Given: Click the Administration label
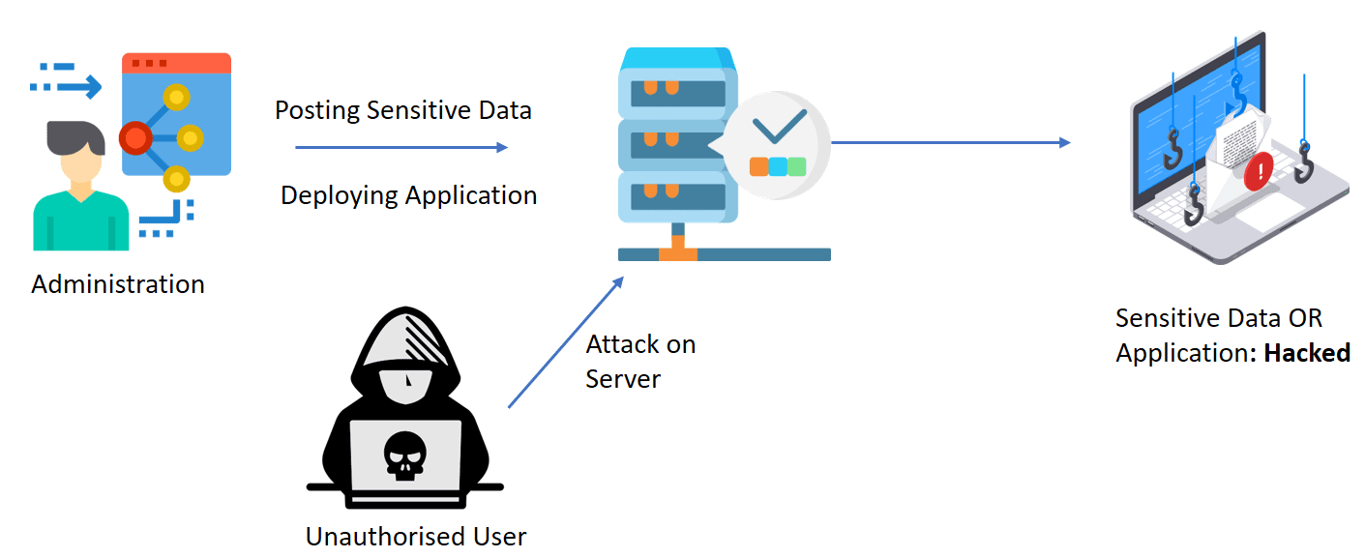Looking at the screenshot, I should [118, 284].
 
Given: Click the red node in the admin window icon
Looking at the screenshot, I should [135, 139].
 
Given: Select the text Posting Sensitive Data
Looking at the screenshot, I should [402, 110].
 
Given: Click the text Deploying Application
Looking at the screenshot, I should [408, 195].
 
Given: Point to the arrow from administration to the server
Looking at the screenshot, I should [401, 147].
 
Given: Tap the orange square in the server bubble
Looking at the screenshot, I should [759, 166].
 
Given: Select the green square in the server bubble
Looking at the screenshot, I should [796, 166].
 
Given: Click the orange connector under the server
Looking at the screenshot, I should [677, 254].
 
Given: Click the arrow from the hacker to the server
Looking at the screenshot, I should [566, 341].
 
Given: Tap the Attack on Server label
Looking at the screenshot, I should [639, 361].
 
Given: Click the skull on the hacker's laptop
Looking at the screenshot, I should [404, 455].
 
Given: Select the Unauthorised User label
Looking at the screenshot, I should [416, 536].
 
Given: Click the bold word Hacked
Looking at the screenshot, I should [1307, 353].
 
